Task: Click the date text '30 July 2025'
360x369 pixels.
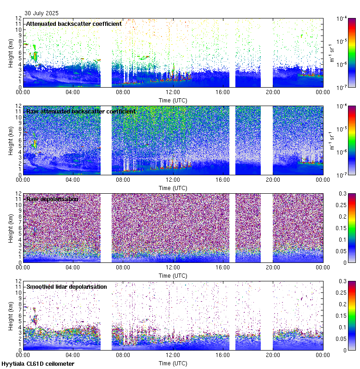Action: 40,13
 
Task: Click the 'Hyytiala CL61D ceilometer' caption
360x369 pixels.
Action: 38,364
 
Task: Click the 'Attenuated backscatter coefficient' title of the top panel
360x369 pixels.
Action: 74,24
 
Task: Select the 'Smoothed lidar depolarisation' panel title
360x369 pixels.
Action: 66,286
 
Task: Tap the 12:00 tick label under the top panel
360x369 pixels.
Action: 173,92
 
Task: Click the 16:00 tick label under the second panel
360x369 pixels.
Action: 223,179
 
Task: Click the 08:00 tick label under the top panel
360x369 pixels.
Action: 123,92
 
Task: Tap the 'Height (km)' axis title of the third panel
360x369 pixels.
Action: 11,228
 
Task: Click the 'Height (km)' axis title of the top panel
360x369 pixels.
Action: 11,53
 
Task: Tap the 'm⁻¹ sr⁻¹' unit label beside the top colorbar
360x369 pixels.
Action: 331,53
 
